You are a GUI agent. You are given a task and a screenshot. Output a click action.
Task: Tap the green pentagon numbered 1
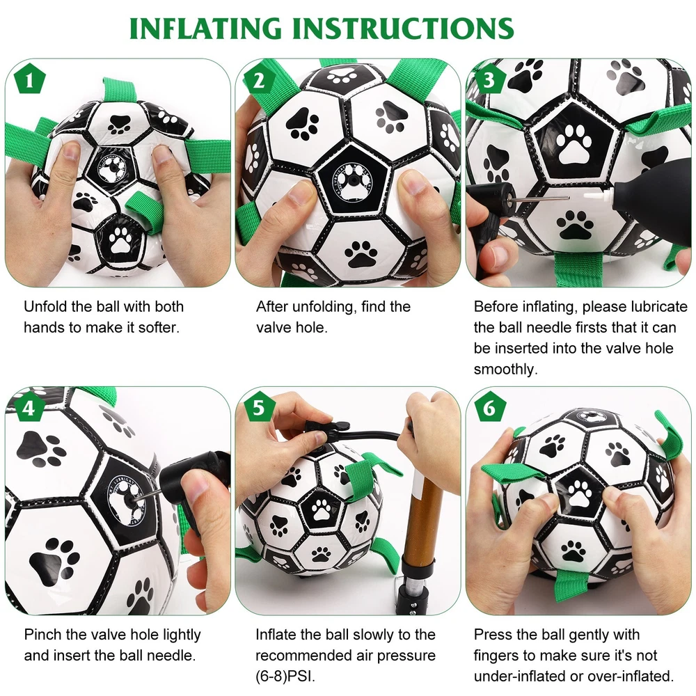click(x=30, y=79)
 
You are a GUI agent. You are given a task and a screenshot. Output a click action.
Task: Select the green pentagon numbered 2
click(x=259, y=79)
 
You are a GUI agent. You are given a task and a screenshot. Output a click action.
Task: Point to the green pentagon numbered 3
click(x=489, y=79)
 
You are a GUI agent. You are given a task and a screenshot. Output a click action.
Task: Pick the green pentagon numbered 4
click(x=30, y=407)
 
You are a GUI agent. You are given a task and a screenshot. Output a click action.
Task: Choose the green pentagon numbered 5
click(x=259, y=407)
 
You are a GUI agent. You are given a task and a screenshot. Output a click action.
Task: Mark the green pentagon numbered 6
click(x=489, y=407)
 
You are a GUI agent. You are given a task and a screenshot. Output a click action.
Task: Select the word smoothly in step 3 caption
click(x=505, y=370)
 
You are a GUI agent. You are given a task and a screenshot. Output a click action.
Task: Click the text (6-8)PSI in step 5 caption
click(x=285, y=677)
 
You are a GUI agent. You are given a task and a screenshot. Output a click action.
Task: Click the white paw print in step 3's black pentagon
click(x=575, y=143)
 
